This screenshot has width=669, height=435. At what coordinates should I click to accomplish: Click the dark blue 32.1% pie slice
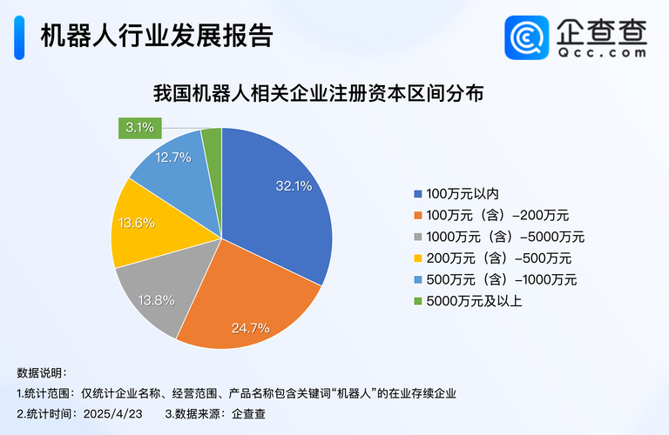coord(279,200)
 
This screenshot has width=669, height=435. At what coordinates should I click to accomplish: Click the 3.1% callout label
coord(139,128)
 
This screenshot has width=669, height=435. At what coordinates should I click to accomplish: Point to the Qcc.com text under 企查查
coord(602,51)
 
